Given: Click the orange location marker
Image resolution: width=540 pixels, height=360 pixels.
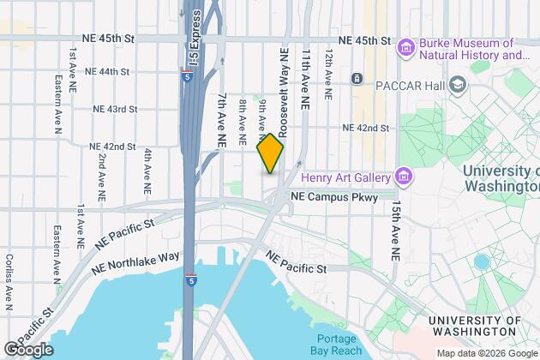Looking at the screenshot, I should (270, 153).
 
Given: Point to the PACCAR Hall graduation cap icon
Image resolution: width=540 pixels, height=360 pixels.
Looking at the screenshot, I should (458, 84).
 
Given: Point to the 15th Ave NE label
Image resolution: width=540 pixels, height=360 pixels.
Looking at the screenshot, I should (395, 231).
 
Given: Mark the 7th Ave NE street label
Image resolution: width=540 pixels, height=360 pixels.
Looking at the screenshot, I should (221, 118).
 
